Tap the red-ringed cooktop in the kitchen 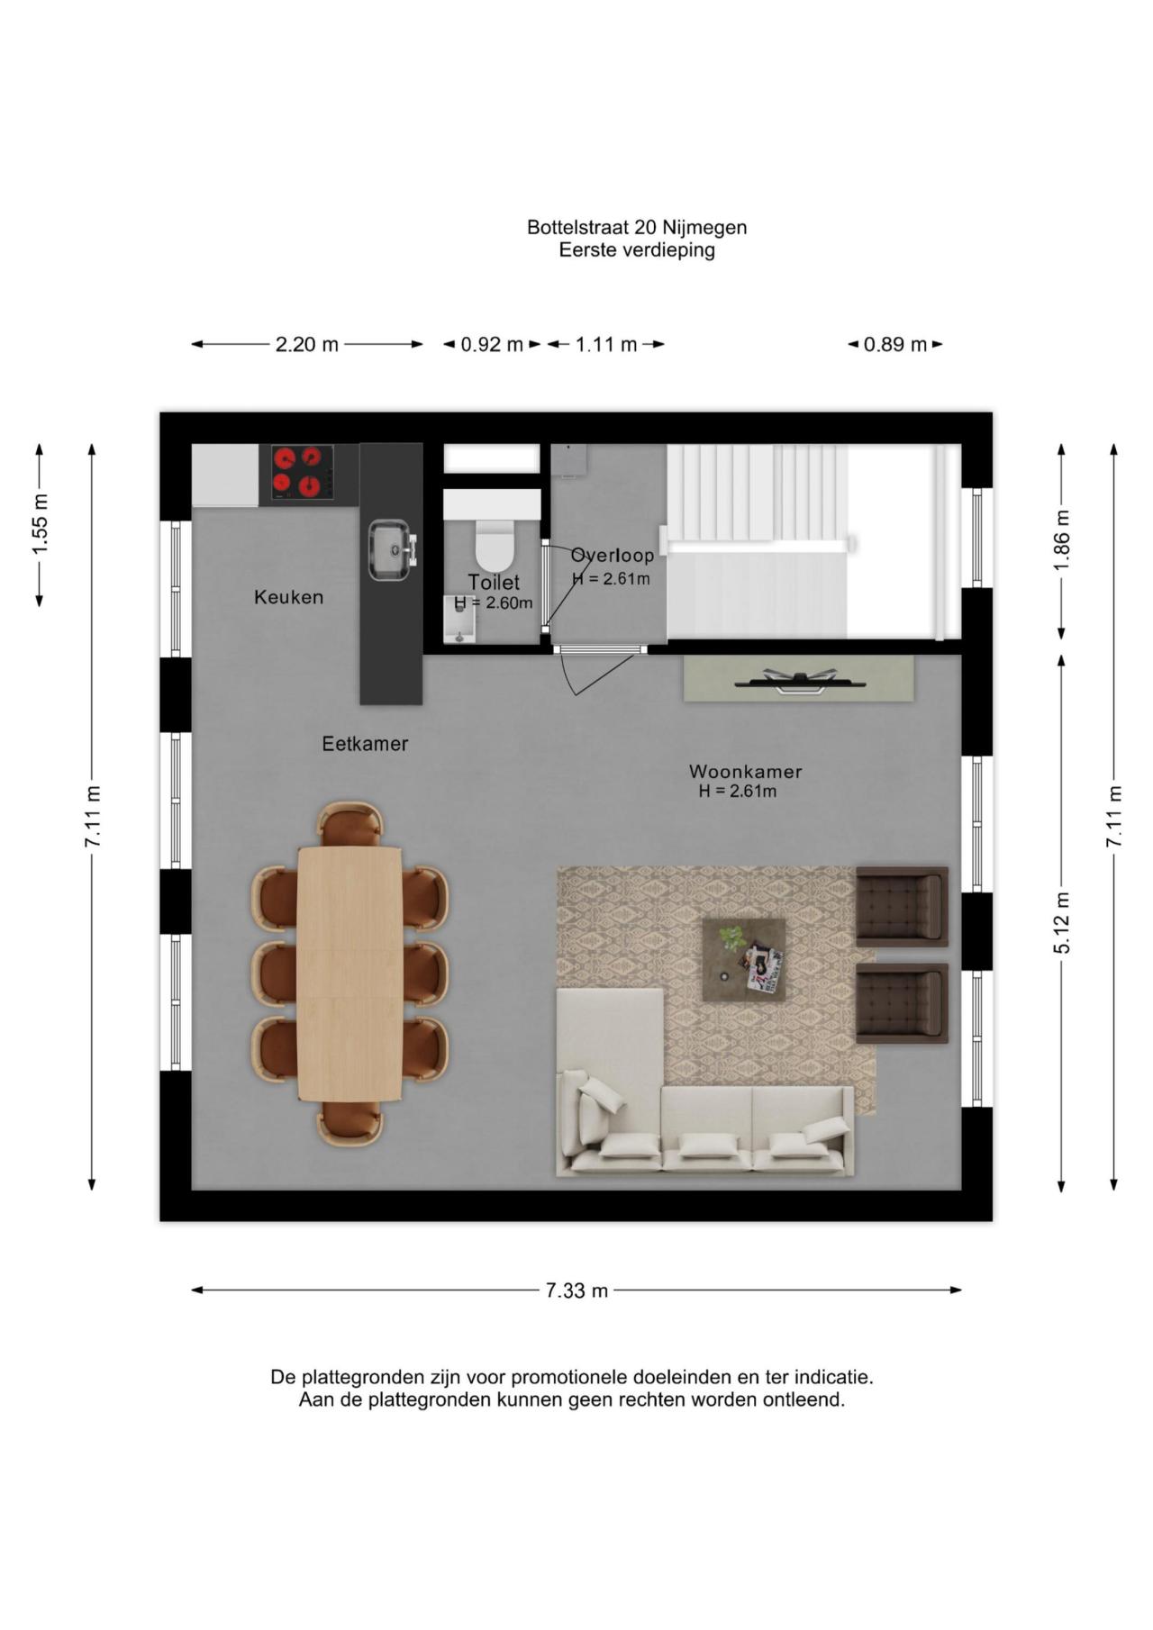(301, 474)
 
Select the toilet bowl (493, 539)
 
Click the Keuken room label (288, 597)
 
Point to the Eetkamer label (366, 744)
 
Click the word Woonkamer (745, 772)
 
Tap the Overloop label (613, 556)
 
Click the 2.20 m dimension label (307, 344)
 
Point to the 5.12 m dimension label (1064, 923)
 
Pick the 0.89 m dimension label (895, 344)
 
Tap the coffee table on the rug (744, 958)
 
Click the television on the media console (800, 682)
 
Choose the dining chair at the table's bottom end (350, 1123)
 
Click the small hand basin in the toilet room (460, 620)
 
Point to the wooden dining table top (350, 973)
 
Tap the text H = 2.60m (494, 603)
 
